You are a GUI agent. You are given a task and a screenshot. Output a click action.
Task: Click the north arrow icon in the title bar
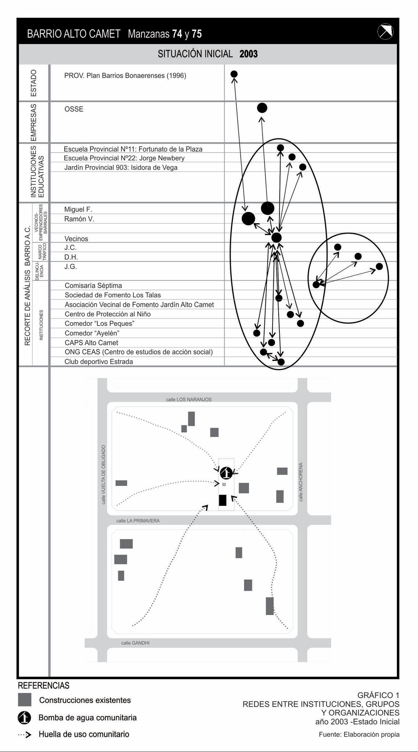385,32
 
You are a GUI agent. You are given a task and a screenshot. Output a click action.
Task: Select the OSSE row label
74,109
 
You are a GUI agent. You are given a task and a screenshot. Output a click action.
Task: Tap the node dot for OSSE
262,108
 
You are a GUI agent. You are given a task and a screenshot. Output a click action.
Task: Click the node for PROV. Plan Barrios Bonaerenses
234,74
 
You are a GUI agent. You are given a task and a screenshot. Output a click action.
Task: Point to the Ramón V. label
79,219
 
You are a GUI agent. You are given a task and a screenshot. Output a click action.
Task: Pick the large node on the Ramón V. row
248,218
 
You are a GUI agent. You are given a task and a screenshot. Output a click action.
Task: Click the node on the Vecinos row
276,238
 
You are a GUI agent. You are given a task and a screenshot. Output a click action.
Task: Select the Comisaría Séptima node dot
316,285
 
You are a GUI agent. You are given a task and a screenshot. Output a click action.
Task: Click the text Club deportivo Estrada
99,361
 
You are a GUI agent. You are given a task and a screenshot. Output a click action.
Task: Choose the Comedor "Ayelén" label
92,333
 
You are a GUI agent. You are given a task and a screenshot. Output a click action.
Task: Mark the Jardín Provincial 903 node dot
303,167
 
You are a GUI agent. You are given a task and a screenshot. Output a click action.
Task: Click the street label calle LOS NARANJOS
189,400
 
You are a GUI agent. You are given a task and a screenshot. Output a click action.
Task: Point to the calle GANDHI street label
135,643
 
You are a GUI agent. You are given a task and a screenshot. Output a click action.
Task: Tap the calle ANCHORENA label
301,482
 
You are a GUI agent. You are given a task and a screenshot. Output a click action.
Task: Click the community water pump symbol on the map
226,473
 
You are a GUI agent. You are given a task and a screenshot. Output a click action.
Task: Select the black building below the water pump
223,500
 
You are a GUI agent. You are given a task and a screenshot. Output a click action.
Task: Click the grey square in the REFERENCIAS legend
25,700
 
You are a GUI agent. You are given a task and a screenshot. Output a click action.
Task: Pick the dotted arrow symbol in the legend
25,734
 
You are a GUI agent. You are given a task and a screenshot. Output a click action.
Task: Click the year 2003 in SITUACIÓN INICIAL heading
249,54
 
